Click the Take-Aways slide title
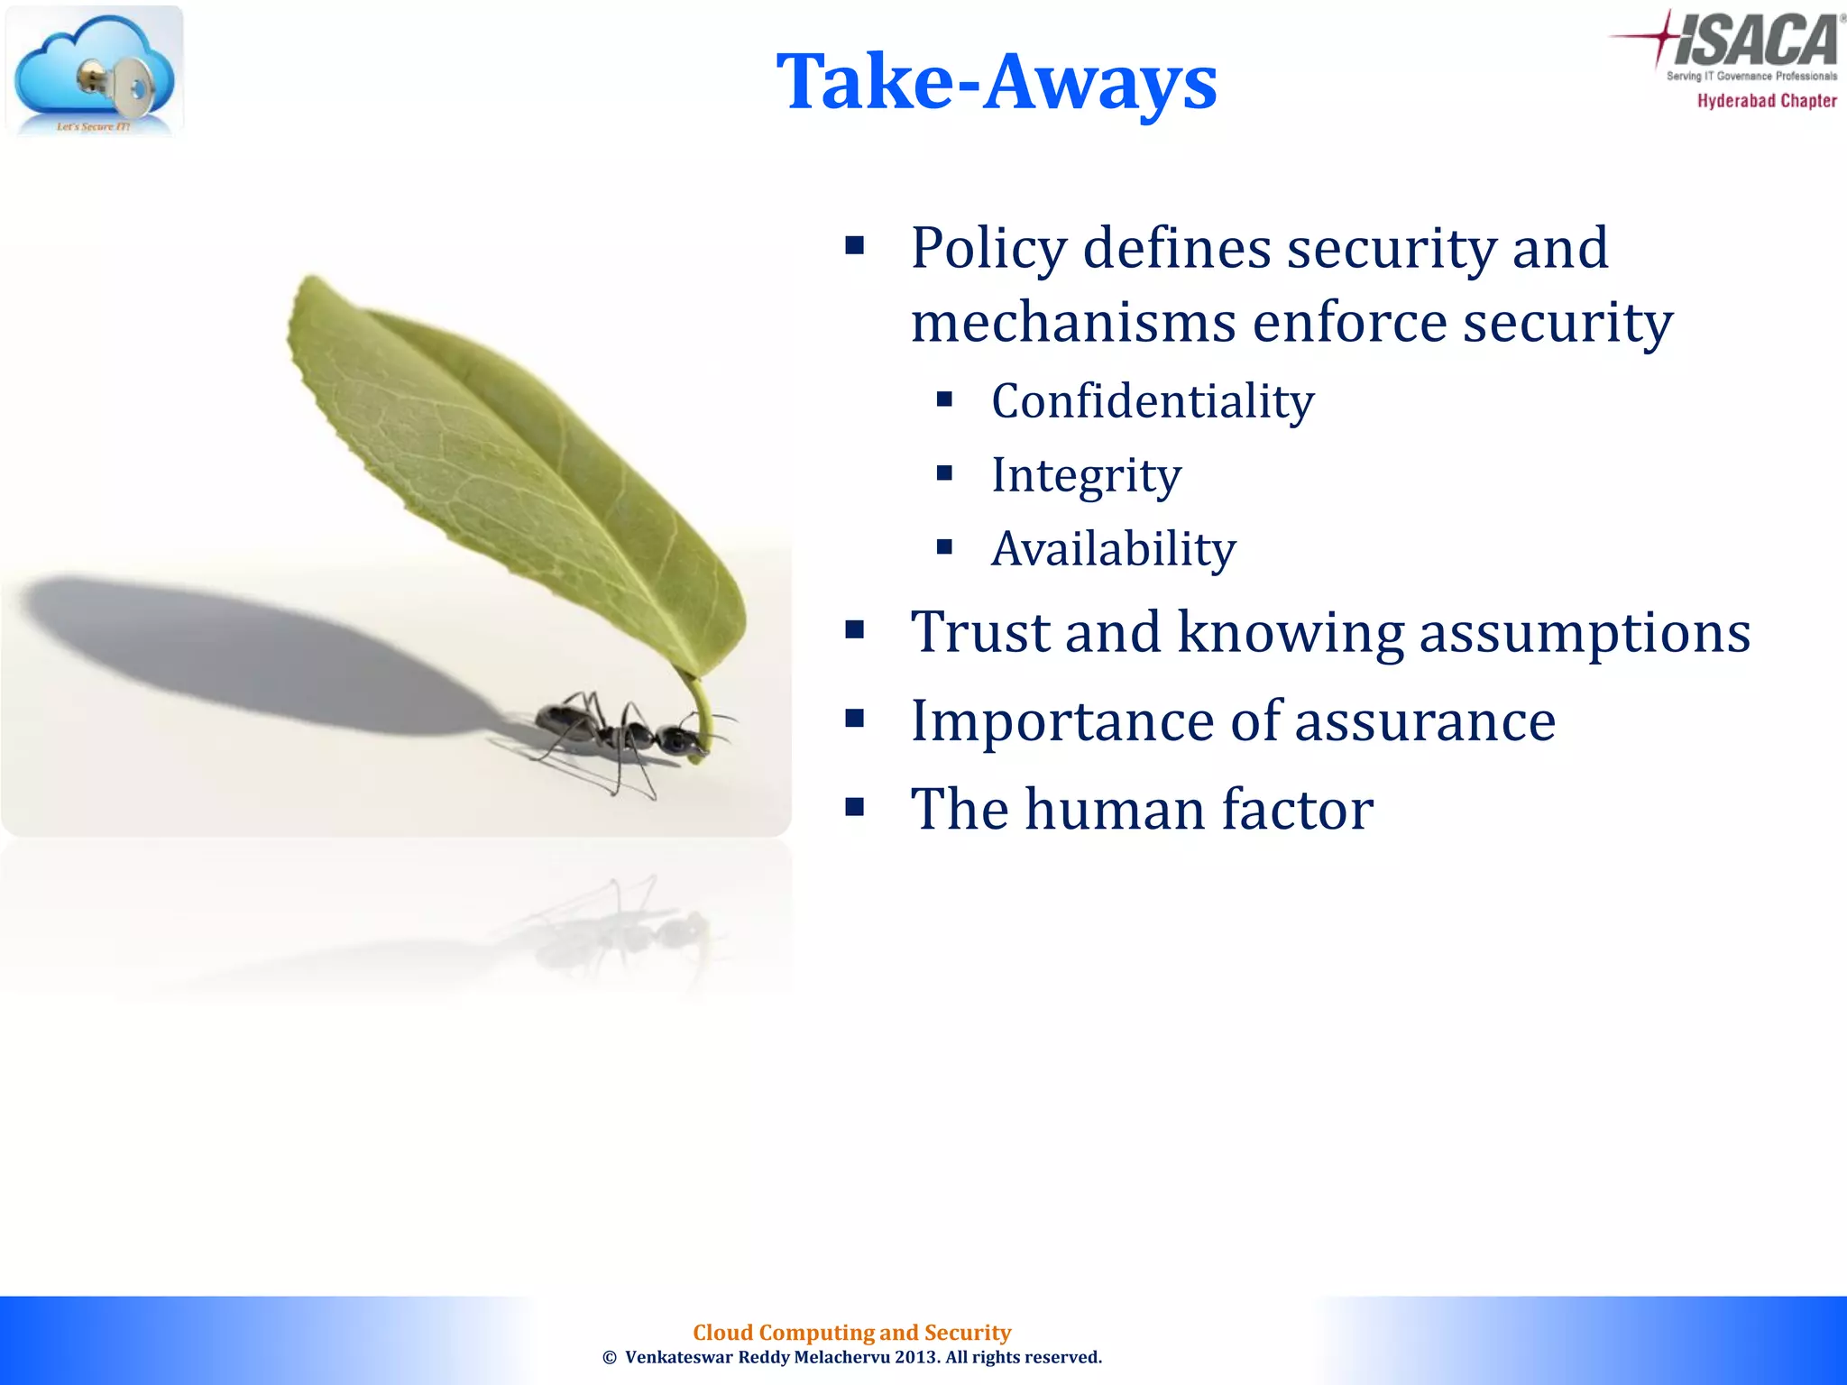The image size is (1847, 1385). (996, 82)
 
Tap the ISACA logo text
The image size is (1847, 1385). (1754, 41)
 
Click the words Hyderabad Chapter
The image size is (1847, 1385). (1766, 101)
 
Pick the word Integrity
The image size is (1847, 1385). (1085, 475)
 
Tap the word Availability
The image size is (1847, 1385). (1113, 549)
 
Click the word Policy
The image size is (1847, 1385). (988, 249)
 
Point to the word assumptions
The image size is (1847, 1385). (1585, 632)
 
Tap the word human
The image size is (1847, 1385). (1115, 809)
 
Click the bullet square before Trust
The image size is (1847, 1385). (854, 629)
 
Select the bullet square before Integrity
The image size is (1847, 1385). (944, 473)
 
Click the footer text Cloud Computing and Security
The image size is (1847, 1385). (851, 1332)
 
